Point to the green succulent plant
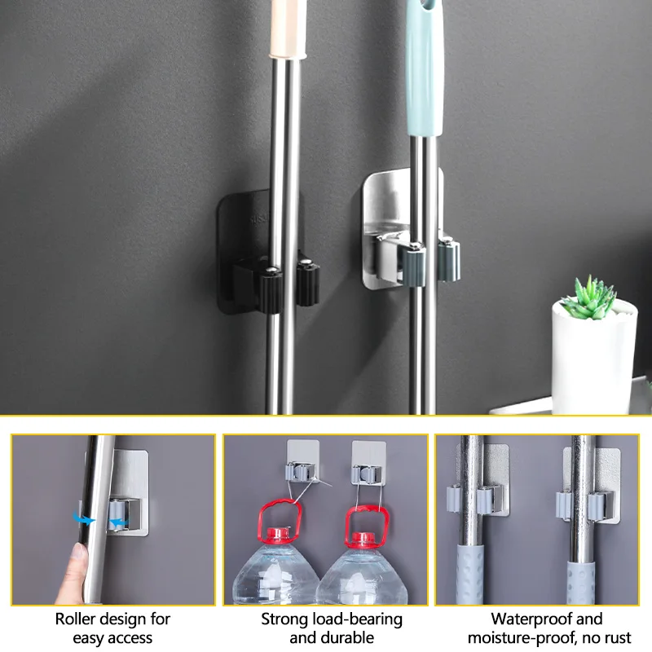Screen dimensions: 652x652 click(x=588, y=297)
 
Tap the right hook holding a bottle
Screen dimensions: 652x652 click(x=364, y=470)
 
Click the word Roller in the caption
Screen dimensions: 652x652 click(x=76, y=619)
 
